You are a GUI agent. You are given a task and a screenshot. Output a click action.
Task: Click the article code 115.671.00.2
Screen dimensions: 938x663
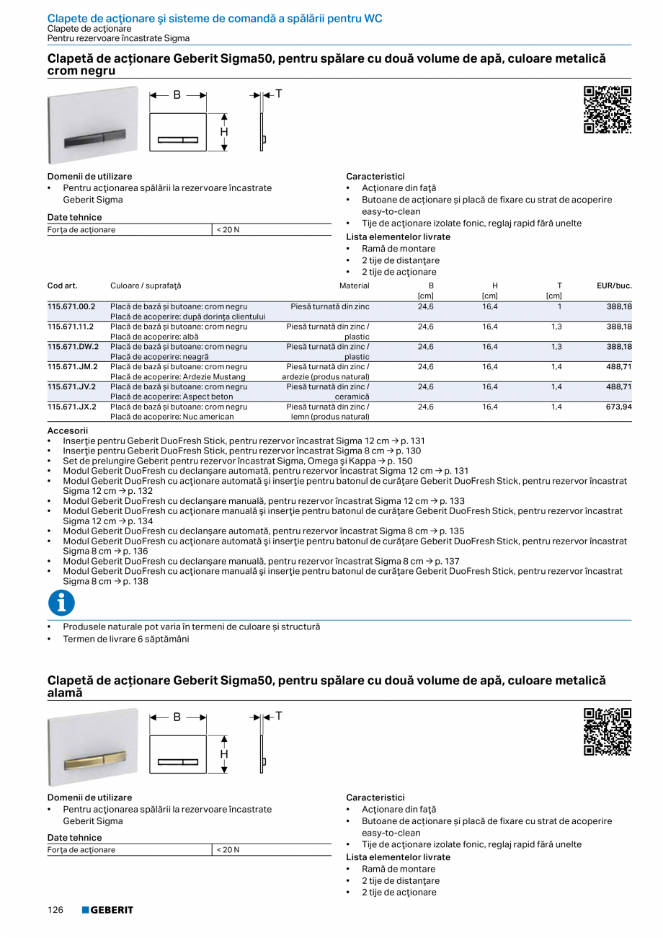[71, 306]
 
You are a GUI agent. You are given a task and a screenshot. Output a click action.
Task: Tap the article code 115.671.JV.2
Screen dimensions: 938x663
[71, 386]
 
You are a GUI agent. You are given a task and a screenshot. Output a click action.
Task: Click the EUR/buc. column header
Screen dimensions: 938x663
[614, 286]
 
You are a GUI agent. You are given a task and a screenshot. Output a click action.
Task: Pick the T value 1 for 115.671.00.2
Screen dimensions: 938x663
[559, 306]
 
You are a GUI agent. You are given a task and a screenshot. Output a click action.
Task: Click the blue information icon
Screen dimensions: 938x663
[61, 603]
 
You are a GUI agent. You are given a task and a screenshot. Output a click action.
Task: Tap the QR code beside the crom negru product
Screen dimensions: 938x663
[607, 110]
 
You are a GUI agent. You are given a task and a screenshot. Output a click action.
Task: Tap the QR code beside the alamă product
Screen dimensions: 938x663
[607, 732]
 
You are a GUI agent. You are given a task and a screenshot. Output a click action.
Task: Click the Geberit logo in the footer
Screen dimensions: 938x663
[107, 910]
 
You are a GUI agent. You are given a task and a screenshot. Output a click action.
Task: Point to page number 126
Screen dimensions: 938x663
[56, 910]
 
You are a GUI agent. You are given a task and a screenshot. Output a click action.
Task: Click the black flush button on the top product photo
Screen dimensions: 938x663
[93, 136]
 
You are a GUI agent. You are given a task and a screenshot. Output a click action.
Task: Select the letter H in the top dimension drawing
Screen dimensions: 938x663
[224, 132]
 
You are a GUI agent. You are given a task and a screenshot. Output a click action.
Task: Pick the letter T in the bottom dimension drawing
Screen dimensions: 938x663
[278, 716]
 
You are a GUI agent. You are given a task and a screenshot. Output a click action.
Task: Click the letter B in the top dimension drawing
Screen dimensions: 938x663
[177, 94]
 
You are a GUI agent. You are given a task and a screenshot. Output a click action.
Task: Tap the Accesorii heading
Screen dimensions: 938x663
[67, 430]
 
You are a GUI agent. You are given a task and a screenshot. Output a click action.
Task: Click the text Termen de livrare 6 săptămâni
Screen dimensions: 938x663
[126, 638]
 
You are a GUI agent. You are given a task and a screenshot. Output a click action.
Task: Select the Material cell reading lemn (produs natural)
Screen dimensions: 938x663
[330, 417]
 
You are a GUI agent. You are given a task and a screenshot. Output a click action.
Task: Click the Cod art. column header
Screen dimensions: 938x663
[63, 286]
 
